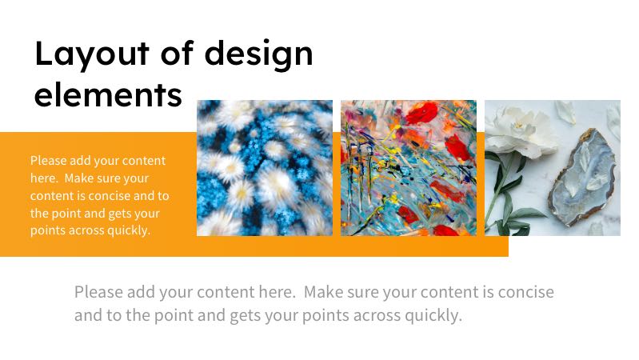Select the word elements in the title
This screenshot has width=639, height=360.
click(x=109, y=94)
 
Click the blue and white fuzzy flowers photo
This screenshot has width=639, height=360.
click(x=265, y=168)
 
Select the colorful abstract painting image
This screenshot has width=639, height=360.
click(x=409, y=168)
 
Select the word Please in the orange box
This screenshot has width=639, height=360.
click(x=49, y=161)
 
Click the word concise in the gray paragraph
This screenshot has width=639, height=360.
click(x=525, y=292)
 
